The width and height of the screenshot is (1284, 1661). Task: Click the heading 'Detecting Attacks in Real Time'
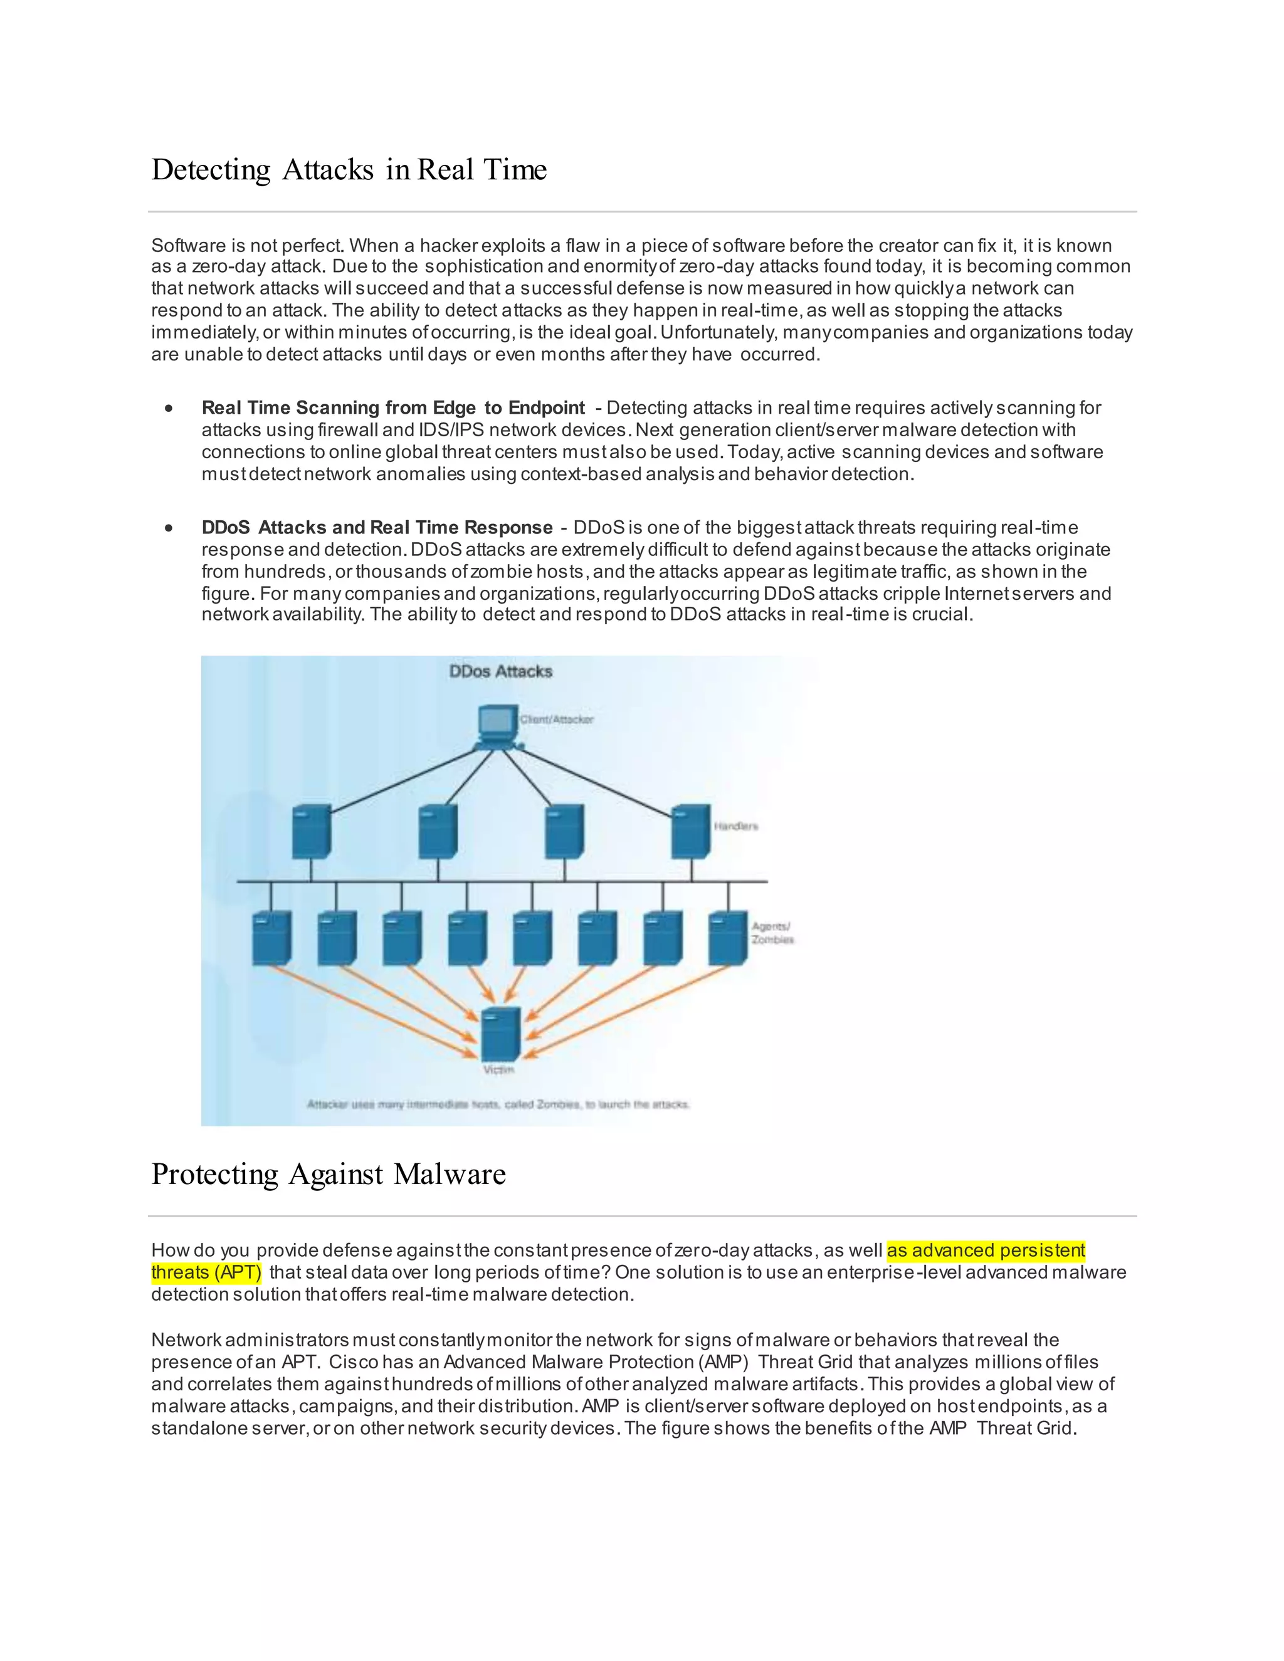click(x=349, y=170)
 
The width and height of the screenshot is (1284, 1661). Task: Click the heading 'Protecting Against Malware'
click(x=328, y=1174)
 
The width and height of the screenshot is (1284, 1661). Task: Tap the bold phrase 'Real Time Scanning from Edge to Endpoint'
click(x=392, y=409)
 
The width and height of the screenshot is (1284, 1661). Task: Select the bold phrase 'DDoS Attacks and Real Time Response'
click(x=377, y=528)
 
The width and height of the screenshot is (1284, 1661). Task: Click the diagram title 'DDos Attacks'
click(x=500, y=671)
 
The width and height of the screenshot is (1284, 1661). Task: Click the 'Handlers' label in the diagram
click(x=735, y=826)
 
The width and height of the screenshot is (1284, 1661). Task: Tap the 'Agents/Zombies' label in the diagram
click(x=772, y=933)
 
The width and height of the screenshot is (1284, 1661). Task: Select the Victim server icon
click(x=502, y=1034)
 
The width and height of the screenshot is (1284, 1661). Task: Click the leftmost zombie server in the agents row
click(x=271, y=938)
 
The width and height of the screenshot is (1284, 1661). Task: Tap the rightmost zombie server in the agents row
click(x=728, y=938)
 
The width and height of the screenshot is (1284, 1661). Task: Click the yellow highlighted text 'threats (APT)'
click(x=206, y=1272)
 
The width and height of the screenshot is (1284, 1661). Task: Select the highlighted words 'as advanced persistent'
click(x=986, y=1250)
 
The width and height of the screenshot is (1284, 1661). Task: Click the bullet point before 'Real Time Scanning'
click(x=169, y=409)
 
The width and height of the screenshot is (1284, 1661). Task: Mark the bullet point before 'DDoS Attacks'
click(x=169, y=528)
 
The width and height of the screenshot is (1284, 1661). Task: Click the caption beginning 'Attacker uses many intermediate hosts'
click(x=498, y=1104)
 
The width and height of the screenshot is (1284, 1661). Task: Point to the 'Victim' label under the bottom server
click(x=499, y=1070)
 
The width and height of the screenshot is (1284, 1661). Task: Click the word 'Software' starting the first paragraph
click(x=188, y=246)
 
